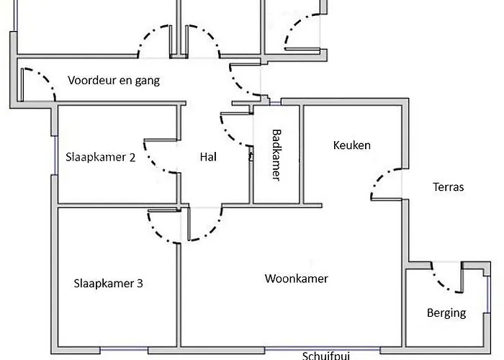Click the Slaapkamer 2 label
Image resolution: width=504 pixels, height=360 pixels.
(100, 157)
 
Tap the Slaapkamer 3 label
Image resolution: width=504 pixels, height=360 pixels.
(108, 283)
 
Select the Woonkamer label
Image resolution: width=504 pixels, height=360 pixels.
(297, 279)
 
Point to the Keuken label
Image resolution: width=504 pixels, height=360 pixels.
(352, 145)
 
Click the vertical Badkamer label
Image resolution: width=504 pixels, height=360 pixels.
(276, 155)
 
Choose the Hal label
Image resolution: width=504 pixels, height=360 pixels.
(208, 156)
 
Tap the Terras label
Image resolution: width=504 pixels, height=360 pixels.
(448, 187)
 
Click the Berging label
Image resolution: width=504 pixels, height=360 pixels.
(446, 313)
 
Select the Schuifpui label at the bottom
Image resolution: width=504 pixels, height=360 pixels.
(328, 355)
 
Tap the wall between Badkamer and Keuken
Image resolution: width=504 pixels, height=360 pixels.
(301, 155)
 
